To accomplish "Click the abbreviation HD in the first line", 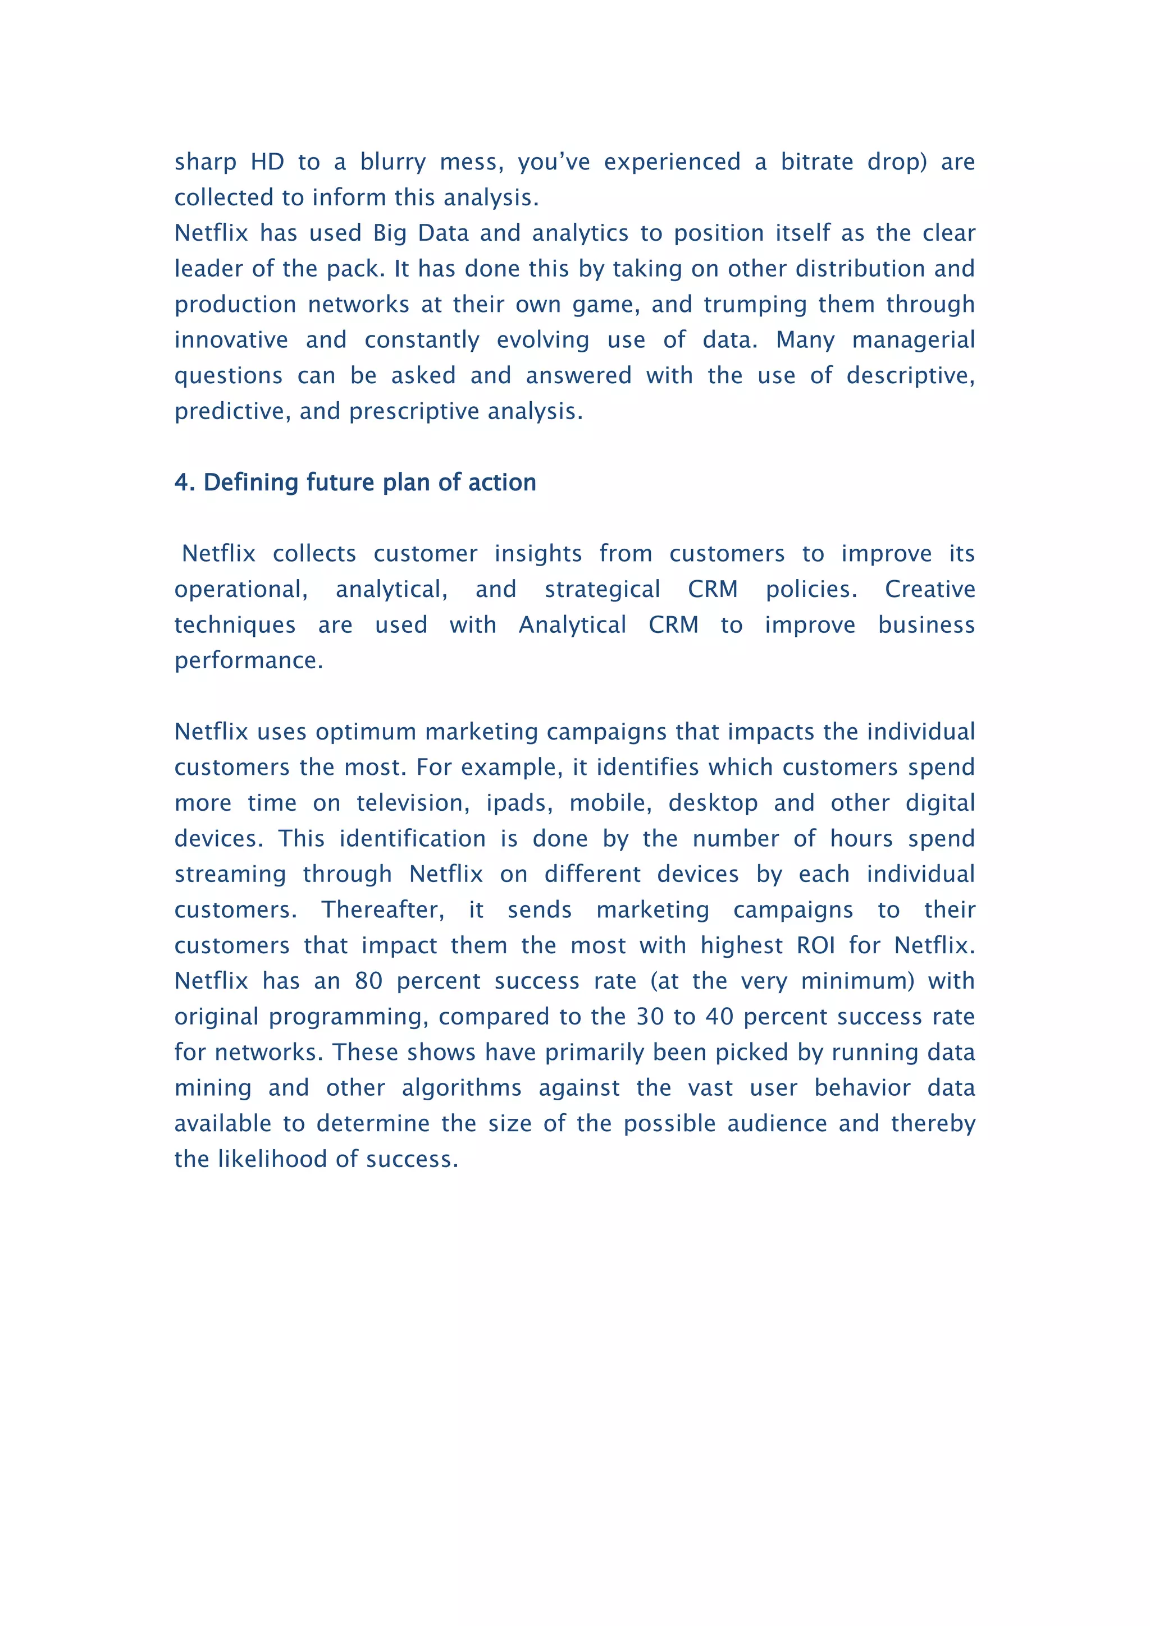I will click(267, 162).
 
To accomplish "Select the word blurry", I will click(393, 162).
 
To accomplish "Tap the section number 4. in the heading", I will click(184, 483).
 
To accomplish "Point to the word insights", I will click(538, 553).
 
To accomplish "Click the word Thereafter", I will click(382, 910).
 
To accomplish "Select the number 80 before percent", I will click(368, 981).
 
